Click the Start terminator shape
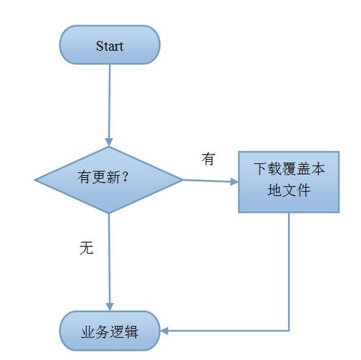[x=110, y=46]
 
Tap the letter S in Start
[x=100, y=46]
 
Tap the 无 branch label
[x=86, y=248]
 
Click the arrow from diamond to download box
[x=209, y=180]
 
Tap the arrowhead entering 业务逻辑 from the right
[x=165, y=332]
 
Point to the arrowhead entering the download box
[x=234, y=181]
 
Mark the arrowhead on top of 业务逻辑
[x=109, y=307]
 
